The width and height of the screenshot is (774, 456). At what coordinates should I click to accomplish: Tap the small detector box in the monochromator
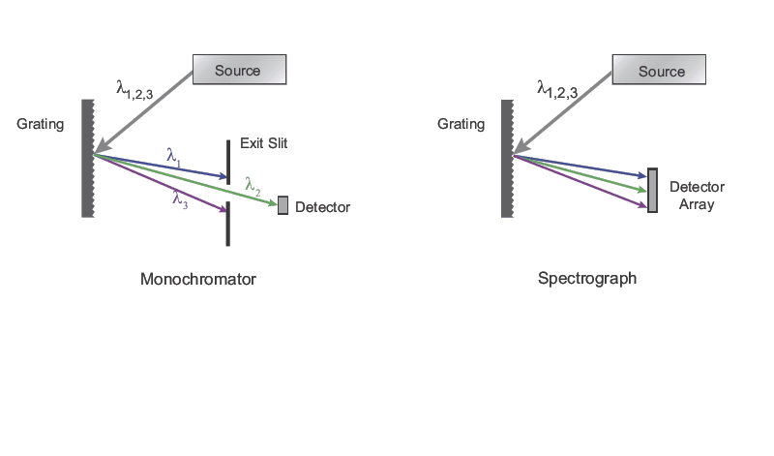[x=283, y=205]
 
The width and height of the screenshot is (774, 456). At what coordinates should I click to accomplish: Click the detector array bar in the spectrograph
[x=652, y=190]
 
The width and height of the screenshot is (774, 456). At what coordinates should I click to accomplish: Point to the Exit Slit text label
[x=264, y=143]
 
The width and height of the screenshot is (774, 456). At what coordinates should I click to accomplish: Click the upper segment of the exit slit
[x=228, y=161]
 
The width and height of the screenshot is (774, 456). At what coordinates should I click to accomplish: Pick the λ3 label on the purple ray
[x=180, y=199]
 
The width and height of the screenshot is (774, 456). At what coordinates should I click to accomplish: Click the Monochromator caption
[x=198, y=280]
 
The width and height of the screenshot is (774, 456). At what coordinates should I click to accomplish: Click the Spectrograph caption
[x=587, y=279]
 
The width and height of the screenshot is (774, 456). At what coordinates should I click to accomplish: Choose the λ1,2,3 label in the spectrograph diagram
[x=557, y=90]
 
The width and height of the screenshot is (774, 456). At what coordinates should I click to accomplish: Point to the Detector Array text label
[x=697, y=196]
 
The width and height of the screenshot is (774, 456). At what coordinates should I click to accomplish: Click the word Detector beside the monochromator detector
[x=322, y=207]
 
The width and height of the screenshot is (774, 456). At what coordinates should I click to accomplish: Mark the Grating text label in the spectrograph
[x=461, y=124]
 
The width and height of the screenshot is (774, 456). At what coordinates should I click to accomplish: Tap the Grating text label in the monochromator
[x=41, y=124]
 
